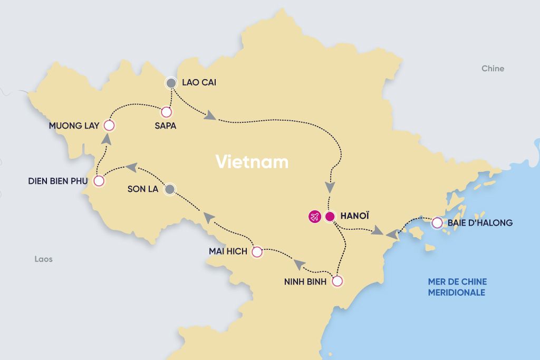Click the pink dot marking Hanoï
click(330, 216)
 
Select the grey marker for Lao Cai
click(170, 83)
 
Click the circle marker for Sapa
click(166, 112)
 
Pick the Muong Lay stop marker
click(109, 125)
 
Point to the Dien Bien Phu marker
click(99, 181)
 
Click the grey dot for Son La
click(170, 189)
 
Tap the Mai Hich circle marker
click(257, 252)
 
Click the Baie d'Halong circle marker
click(437, 223)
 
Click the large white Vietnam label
click(252, 162)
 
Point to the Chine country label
click(493, 69)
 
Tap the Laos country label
click(43, 259)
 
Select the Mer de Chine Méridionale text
click(457, 287)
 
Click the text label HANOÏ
click(354, 216)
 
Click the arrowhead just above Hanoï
click(330, 187)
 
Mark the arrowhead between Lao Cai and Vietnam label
click(210, 115)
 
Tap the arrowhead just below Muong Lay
click(106, 139)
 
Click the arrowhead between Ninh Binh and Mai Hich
click(299, 264)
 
